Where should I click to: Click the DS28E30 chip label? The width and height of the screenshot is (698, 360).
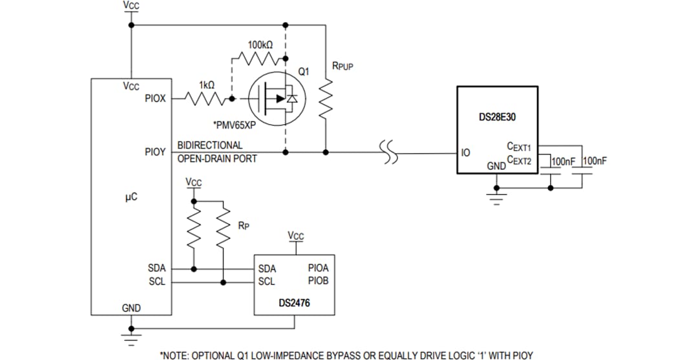497,118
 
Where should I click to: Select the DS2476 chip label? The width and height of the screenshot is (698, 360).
293,302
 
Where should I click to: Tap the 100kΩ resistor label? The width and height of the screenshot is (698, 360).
260,45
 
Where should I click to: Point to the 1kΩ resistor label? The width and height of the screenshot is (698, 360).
207,85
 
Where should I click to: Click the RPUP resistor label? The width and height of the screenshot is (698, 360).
342,66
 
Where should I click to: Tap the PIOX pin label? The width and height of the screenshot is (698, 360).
154,99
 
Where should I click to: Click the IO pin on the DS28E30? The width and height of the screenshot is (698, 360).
465,153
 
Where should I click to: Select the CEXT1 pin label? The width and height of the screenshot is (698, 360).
519,147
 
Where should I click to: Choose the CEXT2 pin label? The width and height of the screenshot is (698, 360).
519,160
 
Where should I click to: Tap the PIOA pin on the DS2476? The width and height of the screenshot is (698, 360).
318,268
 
